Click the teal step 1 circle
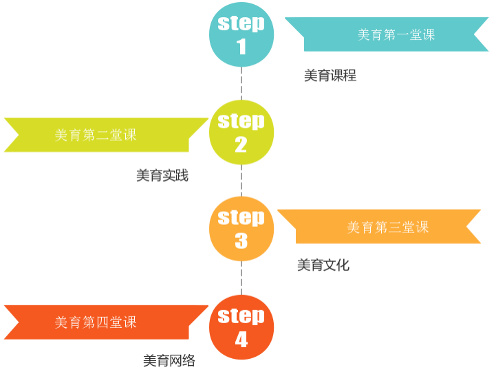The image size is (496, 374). point(241,34)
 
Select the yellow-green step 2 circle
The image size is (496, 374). point(241,132)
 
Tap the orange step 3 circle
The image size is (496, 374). point(241,228)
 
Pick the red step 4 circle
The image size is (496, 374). point(241,327)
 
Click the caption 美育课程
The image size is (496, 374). point(330,76)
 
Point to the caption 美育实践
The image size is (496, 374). point(162,176)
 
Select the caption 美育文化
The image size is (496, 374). point(323,265)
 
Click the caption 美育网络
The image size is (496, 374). point(169,361)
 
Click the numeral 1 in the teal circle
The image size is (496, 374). point(241,47)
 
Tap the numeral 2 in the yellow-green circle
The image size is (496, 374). point(241,145)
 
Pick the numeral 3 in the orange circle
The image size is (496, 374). point(241,241)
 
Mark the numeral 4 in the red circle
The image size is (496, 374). point(241,340)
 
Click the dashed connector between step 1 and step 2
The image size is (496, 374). point(241,83)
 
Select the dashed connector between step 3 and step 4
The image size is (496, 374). point(241,278)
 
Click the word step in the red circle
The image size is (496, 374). point(241,316)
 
